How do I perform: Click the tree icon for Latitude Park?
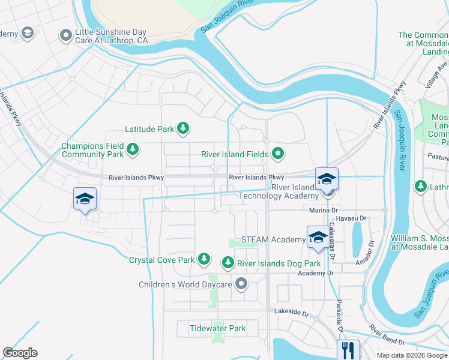183,128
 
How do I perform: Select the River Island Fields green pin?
278,154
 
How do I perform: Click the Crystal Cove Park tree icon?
205,259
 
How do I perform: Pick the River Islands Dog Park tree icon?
228,262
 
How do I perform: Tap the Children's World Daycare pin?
241,284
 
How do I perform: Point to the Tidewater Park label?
217,328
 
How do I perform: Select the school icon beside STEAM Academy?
318,237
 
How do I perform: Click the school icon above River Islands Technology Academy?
327,179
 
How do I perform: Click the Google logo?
20,353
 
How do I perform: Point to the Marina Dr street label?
325,211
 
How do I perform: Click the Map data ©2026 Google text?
411,355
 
